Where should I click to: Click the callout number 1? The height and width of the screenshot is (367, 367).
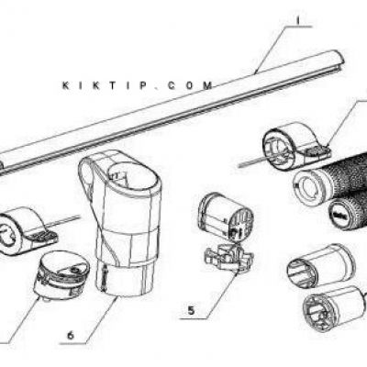click(298, 20)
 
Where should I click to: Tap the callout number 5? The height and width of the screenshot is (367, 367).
click(191, 310)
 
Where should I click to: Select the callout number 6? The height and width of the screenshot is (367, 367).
click(71, 336)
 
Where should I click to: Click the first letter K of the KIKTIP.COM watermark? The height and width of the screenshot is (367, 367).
click(65, 85)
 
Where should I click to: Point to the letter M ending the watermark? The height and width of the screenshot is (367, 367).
click(207, 85)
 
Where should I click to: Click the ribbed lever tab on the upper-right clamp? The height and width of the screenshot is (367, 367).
click(317, 150)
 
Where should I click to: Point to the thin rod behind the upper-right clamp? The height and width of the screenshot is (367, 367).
click(251, 163)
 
